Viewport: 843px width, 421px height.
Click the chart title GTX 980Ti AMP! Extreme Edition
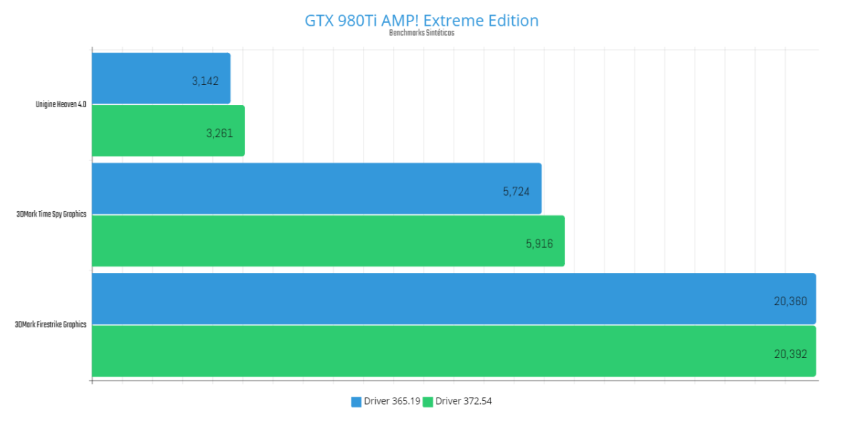pos(421,20)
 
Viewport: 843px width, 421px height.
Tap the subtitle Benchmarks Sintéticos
pos(421,33)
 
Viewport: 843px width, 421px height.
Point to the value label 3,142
pos(206,81)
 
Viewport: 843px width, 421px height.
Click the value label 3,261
pos(220,133)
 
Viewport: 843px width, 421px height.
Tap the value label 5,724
pos(517,191)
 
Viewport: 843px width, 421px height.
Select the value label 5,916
pos(539,243)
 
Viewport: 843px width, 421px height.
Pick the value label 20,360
pos(790,301)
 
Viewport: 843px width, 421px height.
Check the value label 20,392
pos(790,353)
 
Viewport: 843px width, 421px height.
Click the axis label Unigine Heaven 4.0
pos(61,104)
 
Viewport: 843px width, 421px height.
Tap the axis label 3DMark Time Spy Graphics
pos(51,214)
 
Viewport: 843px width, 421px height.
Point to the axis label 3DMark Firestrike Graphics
pos(51,325)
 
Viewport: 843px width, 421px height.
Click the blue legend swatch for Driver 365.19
pos(356,402)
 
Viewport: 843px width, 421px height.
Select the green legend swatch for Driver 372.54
pos(428,402)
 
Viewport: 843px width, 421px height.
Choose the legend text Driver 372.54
pos(464,401)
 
